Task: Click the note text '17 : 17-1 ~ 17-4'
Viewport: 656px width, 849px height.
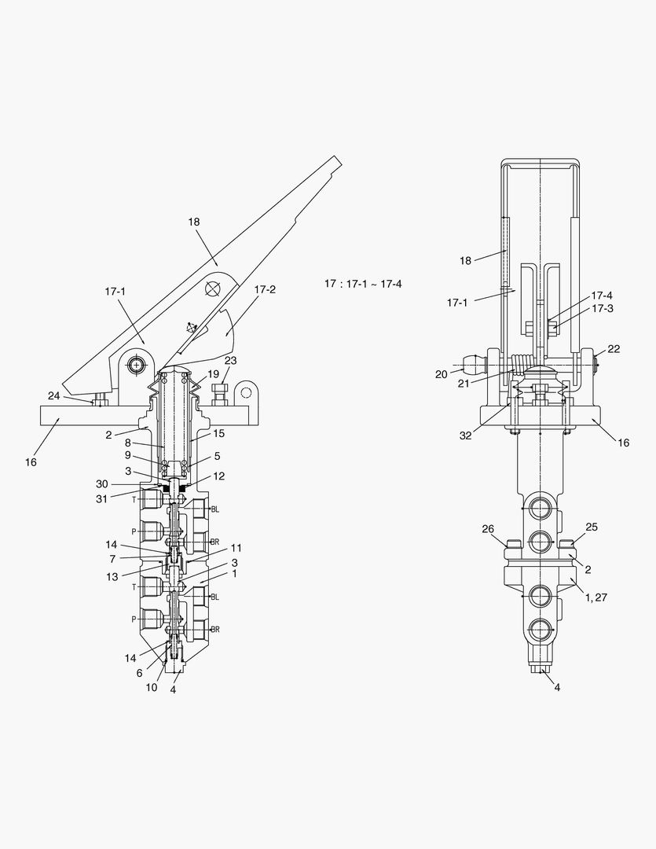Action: click(x=363, y=283)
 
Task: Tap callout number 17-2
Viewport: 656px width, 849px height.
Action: click(x=265, y=289)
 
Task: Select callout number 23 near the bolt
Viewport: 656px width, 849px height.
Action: click(x=230, y=360)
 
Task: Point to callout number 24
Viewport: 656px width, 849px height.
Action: click(x=53, y=395)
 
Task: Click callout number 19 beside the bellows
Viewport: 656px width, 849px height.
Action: click(x=213, y=373)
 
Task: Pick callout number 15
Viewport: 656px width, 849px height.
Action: click(x=218, y=432)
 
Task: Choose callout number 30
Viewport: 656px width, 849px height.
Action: click(x=123, y=483)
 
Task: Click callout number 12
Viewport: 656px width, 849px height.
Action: click(x=218, y=476)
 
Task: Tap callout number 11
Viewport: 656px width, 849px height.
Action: click(x=236, y=547)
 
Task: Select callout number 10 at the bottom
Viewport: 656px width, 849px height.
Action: click(x=152, y=687)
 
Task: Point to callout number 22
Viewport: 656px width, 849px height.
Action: click(x=614, y=349)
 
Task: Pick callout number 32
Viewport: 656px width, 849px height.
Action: click(x=466, y=436)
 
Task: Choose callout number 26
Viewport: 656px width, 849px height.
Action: click(x=488, y=528)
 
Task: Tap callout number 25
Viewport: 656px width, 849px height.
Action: click(x=592, y=527)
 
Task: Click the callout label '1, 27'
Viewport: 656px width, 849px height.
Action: click(x=596, y=597)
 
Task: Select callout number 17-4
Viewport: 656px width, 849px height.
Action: click(x=602, y=296)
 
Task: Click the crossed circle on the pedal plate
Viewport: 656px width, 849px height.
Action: click(x=213, y=289)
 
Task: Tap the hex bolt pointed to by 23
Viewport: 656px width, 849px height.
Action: click(x=219, y=391)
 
